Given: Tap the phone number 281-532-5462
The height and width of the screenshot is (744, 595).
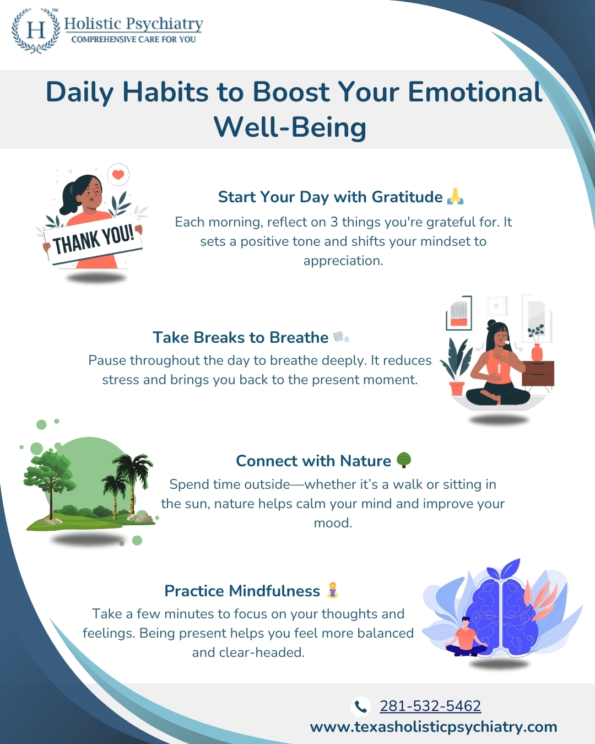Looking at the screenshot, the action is [430, 705].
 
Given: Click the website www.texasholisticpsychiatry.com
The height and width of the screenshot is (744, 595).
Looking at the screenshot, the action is [434, 726].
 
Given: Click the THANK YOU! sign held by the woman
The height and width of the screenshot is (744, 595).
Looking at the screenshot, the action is [93, 239].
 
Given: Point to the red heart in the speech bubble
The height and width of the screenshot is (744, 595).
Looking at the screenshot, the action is [118, 174].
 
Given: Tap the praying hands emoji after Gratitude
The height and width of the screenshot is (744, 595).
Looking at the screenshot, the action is [455, 196].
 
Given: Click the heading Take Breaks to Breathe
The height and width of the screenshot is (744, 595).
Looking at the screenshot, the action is [240, 337].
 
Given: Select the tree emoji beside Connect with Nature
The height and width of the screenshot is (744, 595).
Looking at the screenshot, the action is [403, 460].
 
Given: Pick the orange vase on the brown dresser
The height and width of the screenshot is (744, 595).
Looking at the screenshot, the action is [537, 352].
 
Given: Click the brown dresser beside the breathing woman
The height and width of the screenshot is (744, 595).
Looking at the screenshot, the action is [538, 374].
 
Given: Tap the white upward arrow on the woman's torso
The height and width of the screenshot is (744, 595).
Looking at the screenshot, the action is [499, 368].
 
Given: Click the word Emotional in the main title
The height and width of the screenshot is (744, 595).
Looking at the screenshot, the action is [475, 91].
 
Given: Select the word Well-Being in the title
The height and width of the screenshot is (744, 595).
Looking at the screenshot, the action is [290, 127].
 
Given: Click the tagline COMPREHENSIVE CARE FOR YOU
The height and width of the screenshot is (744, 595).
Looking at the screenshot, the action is [133, 40].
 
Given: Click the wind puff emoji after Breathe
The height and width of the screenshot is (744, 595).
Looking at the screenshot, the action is [341, 337].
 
